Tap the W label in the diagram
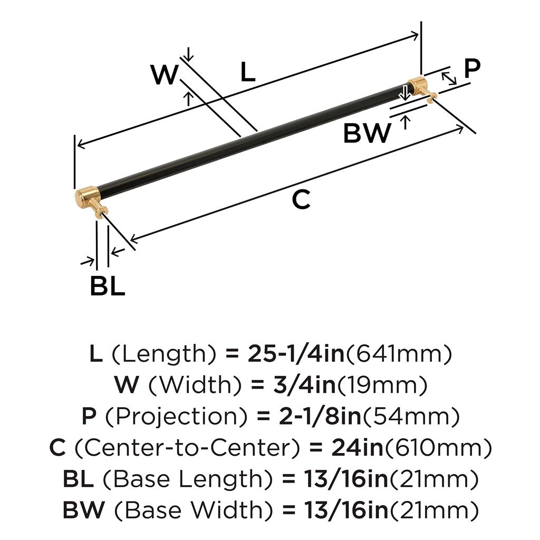tap(165, 75)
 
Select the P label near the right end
tap(472, 67)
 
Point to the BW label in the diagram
tap(368, 133)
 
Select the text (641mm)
tap(399, 355)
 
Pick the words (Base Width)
tap(188, 510)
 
